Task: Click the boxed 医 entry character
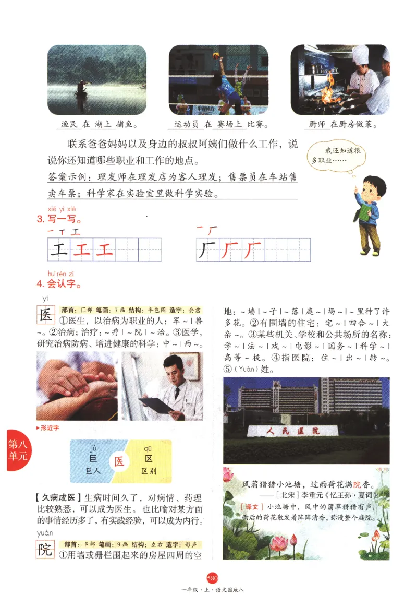point(46,315)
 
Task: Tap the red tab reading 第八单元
point(17,449)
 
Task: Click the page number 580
point(212,577)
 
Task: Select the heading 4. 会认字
point(58,285)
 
